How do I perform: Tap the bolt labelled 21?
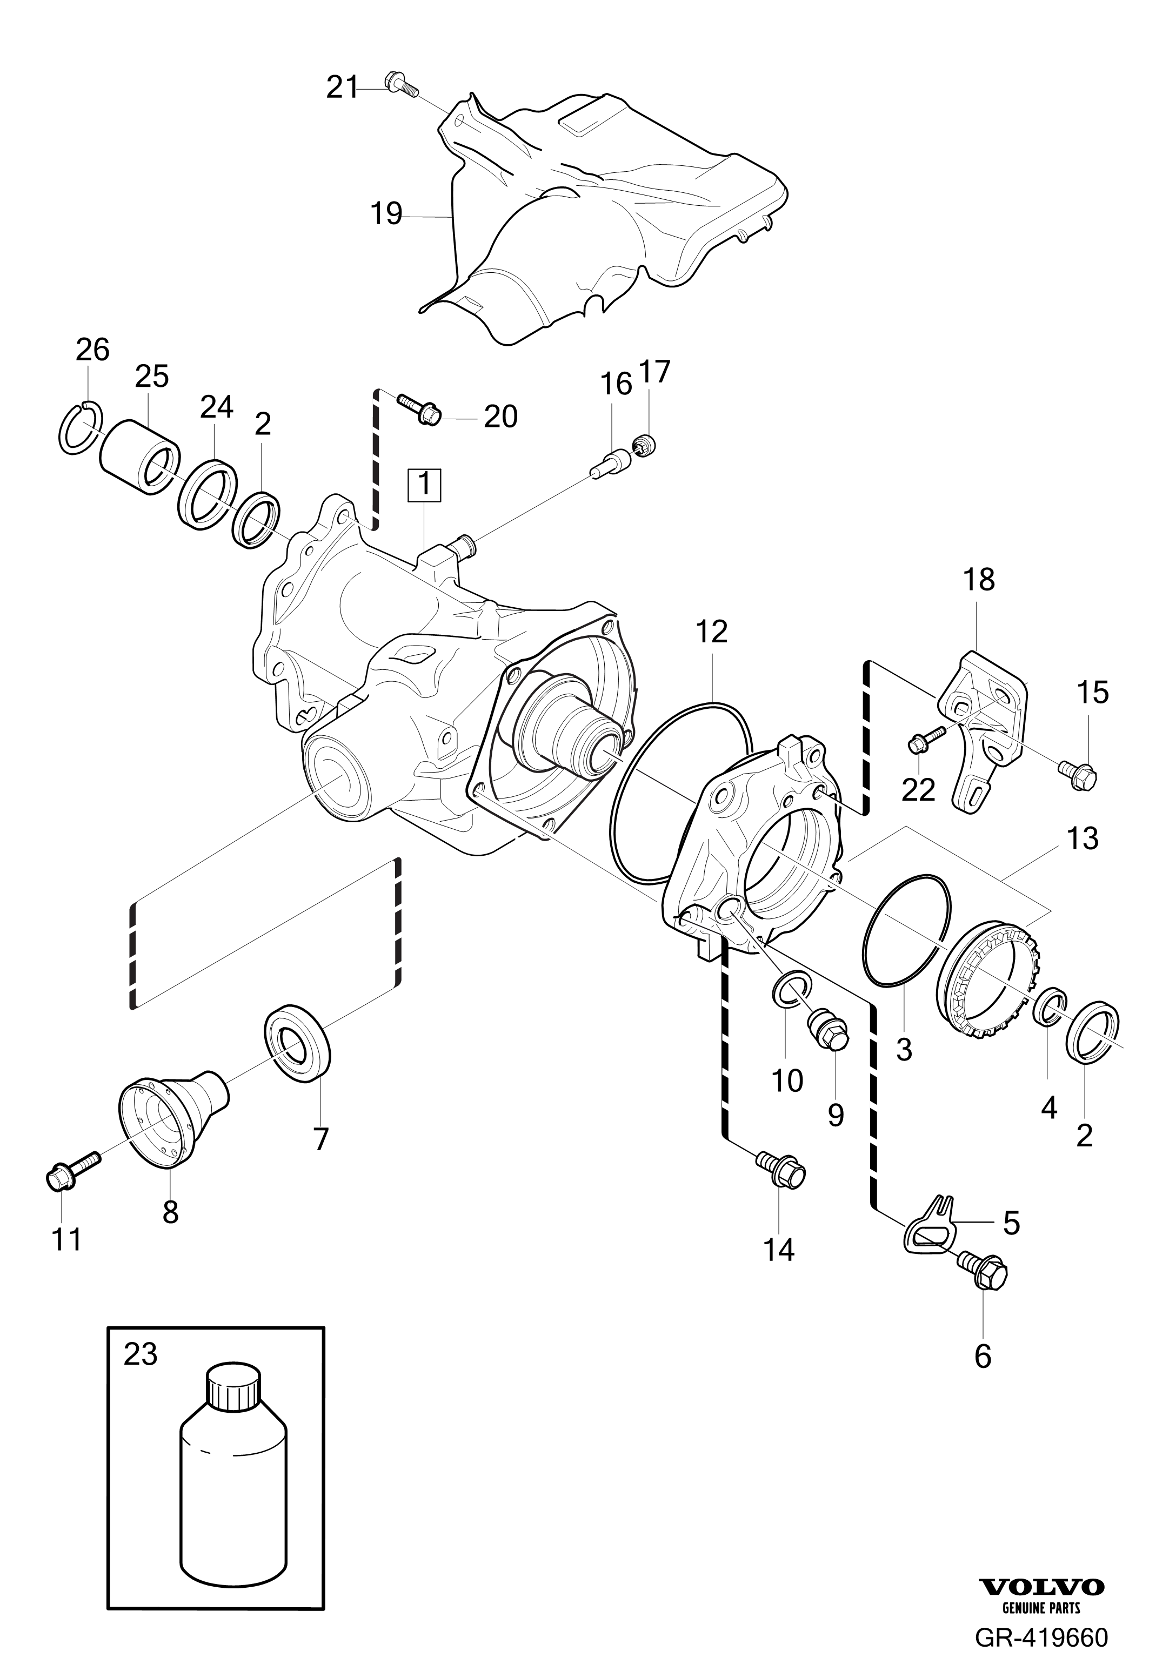point(402,84)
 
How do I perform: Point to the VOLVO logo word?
point(1041,1622)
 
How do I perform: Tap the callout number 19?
point(386,214)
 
